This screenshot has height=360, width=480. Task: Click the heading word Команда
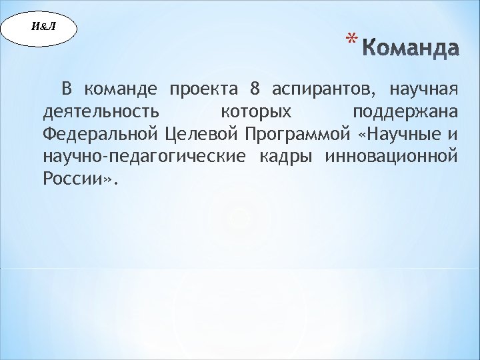(x=412, y=49)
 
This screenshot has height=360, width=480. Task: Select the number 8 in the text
(x=254, y=89)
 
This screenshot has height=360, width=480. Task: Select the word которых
(x=256, y=113)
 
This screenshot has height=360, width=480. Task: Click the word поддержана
(x=405, y=113)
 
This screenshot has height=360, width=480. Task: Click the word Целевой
(x=201, y=135)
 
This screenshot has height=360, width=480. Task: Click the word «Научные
(x=397, y=135)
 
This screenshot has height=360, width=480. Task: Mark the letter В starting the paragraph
(x=67, y=89)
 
